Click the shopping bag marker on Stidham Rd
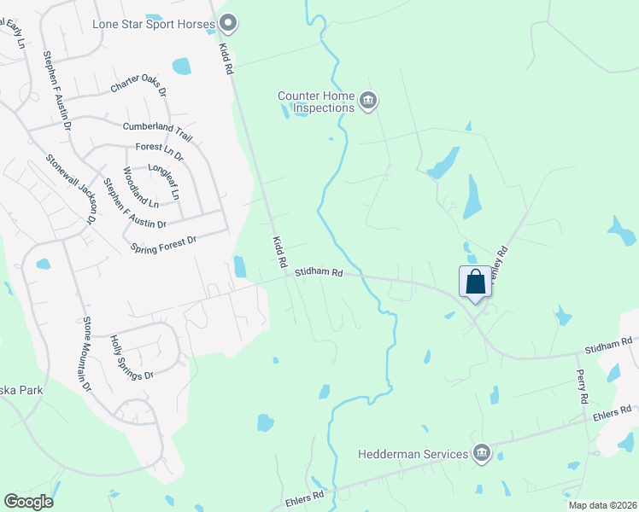click(x=476, y=281)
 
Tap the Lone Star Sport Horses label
click(x=153, y=23)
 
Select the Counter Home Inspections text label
click(x=316, y=102)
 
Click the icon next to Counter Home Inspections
click(x=368, y=102)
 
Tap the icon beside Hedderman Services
click(x=481, y=453)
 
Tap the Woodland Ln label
click(x=141, y=188)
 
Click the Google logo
click(x=28, y=502)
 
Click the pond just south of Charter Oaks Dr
click(x=181, y=66)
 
